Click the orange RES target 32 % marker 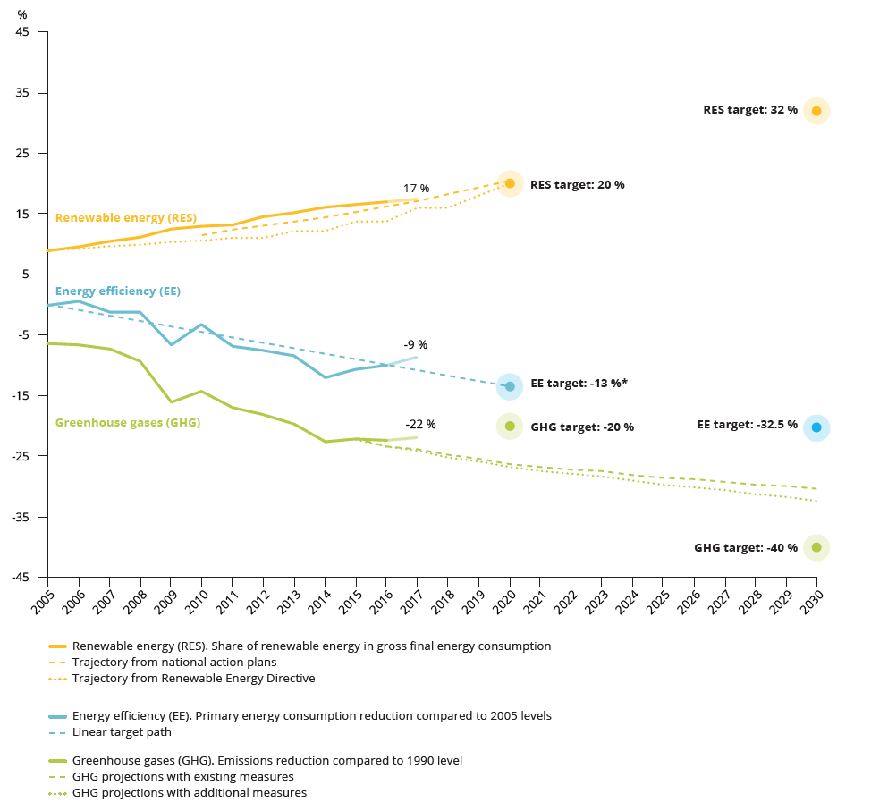coord(816,111)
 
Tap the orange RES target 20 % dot coord(510,183)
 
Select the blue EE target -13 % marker coord(510,386)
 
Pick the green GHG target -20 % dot coord(510,427)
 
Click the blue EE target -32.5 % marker coord(816,427)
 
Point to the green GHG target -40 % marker coord(816,547)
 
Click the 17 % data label coord(416,189)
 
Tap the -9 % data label coord(415,345)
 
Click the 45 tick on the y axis coord(22,33)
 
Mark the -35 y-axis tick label coord(19,517)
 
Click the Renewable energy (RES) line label coord(125,217)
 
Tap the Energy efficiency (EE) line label coord(117,291)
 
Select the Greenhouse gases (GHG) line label coord(127,423)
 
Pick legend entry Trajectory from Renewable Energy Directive coord(193,678)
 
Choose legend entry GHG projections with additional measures coord(189,792)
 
